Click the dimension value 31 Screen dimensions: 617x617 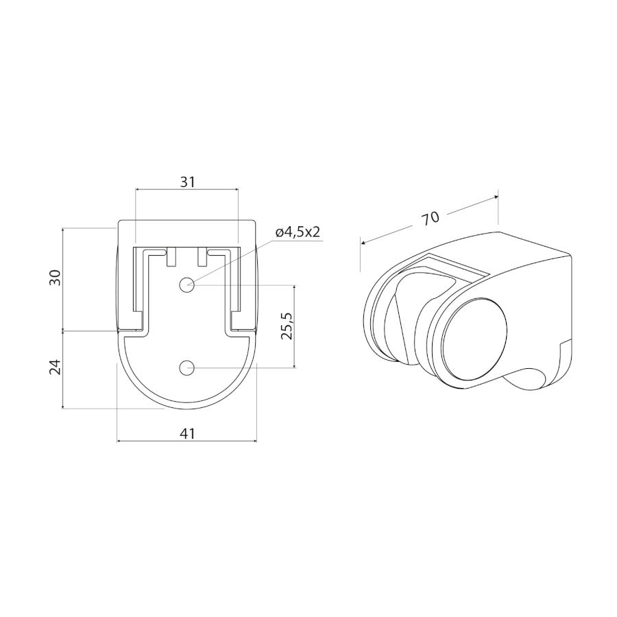(188, 182)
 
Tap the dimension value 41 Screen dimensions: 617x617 (188, 434)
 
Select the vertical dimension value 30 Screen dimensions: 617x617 (56, 278)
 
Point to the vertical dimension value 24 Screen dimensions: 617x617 (56, 367)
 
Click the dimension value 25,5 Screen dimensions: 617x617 (287, 326)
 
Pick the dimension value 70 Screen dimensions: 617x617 (431, 218)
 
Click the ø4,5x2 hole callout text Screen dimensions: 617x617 (298, 232)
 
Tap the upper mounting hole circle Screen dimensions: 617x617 (186, 285)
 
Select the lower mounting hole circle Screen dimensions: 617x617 (186, 368)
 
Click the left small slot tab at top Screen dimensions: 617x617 (171, 257)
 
